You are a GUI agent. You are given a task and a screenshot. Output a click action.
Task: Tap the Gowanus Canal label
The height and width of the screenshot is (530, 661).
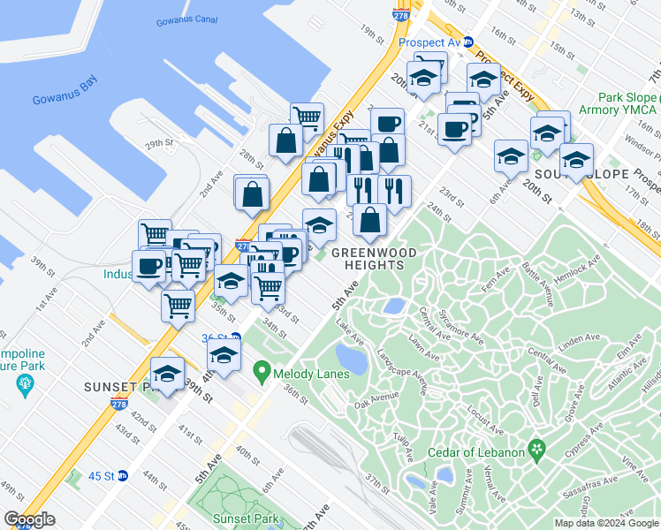tap(186, 20)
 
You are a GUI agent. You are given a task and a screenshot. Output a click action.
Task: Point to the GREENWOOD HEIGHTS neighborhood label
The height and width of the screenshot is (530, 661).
tap(374, 259)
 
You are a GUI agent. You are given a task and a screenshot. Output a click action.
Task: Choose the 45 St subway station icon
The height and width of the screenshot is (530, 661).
tap(123, 475)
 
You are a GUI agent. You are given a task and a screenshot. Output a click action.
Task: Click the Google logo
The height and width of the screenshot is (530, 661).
tap(30, 519)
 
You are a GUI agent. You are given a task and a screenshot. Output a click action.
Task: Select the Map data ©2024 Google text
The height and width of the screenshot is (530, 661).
tap(605, 523)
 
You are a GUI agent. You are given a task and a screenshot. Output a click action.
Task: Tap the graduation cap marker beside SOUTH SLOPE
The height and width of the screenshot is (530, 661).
tap(576, 162)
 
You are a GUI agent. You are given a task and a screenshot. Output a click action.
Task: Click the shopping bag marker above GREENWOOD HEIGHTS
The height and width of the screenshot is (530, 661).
tap(370, 218)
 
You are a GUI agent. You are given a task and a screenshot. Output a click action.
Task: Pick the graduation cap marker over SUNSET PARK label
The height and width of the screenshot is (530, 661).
tap(167, 372)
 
